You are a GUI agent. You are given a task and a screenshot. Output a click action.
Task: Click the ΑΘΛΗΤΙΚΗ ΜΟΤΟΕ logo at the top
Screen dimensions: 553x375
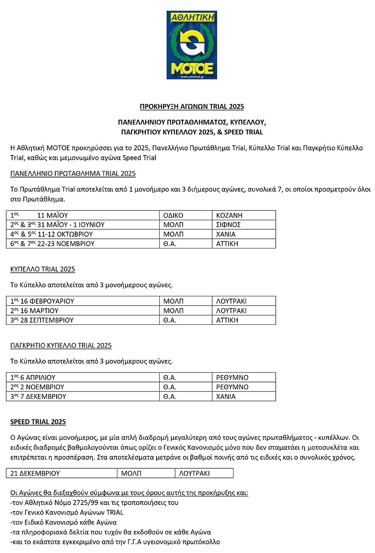(x=192, y=45)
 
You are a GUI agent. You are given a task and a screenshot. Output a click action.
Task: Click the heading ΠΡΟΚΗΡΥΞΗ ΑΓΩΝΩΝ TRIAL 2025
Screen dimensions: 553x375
(x=192, y=106)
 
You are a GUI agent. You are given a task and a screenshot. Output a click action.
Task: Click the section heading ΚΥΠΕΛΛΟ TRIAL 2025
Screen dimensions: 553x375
(x=43, y=269)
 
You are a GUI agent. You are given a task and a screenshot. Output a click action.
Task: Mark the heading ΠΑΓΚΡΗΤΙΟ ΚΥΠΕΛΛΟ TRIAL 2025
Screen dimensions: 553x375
(x=61, y=346)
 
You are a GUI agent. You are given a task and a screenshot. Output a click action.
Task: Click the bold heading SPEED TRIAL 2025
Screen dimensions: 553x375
(x=38, y=422)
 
